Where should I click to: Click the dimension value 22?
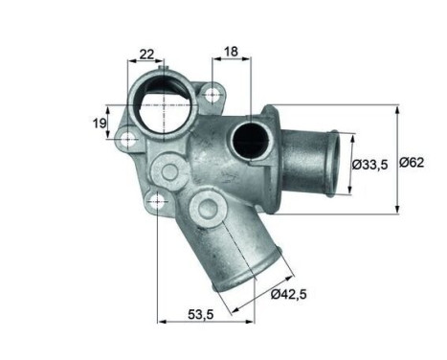[146, 54]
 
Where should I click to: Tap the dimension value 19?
[99, 123]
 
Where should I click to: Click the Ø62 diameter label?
[413, 164]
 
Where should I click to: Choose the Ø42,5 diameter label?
[290, 294]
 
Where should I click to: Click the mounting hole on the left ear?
[127, 141]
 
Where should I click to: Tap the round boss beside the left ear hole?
[171, 172]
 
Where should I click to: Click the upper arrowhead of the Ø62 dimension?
[396, 108]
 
